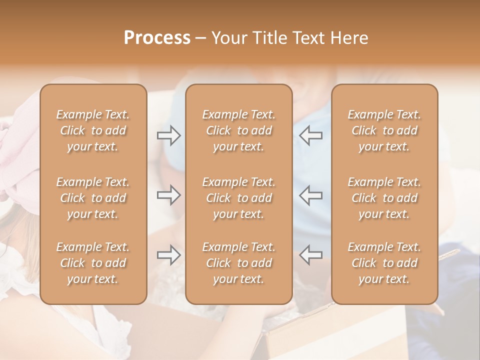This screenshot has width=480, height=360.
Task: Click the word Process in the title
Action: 157,38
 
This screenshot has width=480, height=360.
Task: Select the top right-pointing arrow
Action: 169,135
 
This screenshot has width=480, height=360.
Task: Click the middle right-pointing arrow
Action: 169,195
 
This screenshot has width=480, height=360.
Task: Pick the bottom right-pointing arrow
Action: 169,255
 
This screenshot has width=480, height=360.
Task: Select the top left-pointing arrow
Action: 311,135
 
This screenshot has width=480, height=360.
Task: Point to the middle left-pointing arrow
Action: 311,195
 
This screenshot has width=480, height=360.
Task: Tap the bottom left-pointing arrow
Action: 311,255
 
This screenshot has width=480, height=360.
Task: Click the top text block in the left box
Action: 93,130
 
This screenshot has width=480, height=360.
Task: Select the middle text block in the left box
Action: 93,198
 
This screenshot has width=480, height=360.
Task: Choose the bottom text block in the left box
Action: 93,263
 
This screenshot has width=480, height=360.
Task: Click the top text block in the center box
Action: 239,130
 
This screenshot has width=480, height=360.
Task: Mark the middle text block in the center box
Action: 239,198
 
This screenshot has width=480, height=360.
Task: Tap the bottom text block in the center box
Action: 239,263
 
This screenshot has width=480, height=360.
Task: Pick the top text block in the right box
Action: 384,130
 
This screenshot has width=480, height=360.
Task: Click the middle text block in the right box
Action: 384,198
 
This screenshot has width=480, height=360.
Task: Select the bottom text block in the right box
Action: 384,263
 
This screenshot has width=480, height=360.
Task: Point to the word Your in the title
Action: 229,38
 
